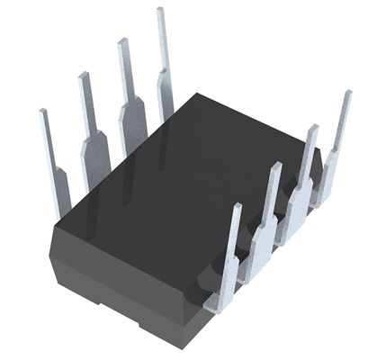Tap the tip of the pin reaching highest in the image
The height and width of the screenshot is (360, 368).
tap(160, 12)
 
